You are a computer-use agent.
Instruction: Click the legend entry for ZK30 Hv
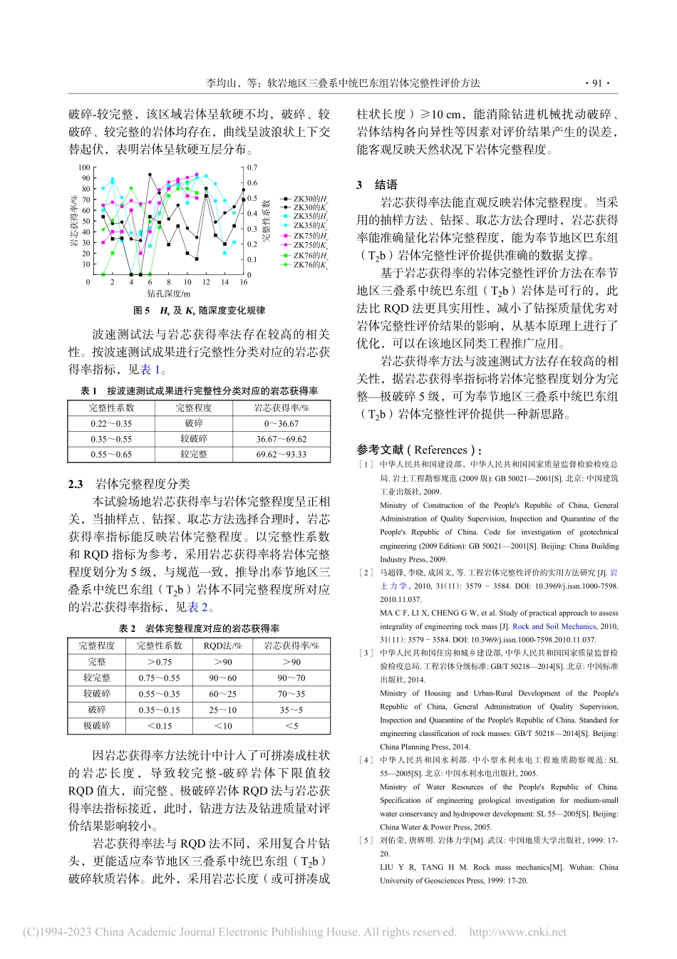(x=305, y=199)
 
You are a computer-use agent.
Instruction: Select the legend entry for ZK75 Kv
(x=305, y=244)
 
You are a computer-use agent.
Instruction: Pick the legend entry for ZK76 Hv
(x=305, y=254)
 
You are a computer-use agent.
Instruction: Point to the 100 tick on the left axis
(x=84, y=168)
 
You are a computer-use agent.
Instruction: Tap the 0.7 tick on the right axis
(x=252, y=168)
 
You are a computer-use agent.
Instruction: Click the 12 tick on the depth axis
(x=206, y=282)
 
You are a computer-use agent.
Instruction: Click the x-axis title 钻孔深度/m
(x=169, y=294)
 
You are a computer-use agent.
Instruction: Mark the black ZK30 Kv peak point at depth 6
(x=150, y=174)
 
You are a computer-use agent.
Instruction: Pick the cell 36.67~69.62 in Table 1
(x=281, y=439)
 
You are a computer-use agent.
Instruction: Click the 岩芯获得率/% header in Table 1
(x=281, y=408)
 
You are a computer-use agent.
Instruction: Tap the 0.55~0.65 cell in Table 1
(x=111, y=454)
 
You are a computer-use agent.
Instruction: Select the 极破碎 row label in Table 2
(x=97, y=725)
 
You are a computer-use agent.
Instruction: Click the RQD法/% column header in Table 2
(x=222, y=646)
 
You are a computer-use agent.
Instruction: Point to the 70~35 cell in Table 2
(x=291, y=693)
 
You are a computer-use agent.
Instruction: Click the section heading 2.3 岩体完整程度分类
(x=129, y=484)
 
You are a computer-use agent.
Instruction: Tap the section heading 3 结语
(x=377, y=185)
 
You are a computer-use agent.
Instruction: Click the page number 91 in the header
(x=596, y=83)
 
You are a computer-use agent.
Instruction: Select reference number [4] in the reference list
(x=366, y=760)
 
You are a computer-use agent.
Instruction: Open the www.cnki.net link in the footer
(x=518, y=932)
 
